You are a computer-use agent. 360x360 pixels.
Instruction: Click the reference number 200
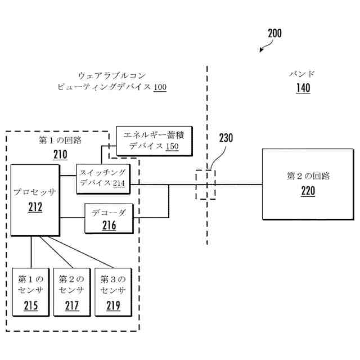274,33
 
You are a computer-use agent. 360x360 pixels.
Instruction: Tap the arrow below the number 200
263,49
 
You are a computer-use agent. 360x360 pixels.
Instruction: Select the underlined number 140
303,88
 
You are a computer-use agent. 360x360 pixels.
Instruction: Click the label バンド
303,74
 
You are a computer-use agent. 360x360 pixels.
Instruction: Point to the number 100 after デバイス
160,88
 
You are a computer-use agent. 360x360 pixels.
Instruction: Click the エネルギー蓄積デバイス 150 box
154,141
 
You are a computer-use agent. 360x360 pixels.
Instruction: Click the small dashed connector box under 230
205,184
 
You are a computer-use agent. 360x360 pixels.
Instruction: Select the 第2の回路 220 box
308,184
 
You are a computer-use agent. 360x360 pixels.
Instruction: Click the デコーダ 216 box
109,218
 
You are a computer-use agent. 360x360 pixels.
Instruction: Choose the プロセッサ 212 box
35,199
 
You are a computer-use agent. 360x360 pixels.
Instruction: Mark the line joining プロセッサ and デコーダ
72,218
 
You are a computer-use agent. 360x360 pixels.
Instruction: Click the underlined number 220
308,191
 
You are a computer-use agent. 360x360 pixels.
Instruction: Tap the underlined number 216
109,226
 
